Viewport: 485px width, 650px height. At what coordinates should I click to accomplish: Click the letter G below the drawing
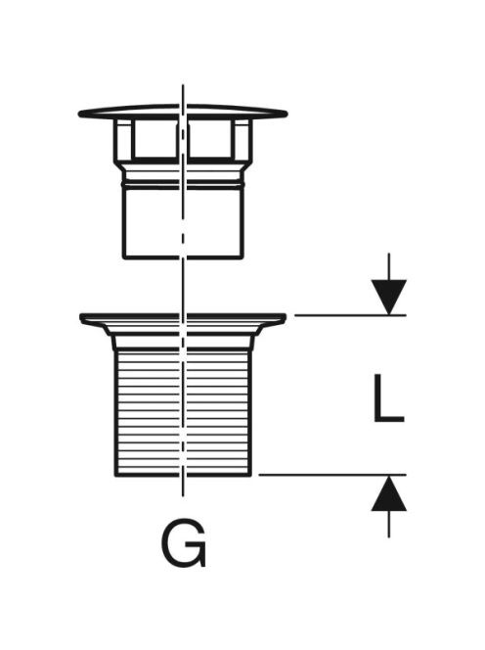(x=184, y=544)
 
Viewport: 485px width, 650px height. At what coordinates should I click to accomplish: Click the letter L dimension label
(x=388, y=398)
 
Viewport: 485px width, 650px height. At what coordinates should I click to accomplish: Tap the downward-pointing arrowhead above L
(x=388, y=297)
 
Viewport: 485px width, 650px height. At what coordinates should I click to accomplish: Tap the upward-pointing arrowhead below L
(x=388, y=493)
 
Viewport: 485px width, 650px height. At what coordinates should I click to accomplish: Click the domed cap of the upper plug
(x=183, y=112)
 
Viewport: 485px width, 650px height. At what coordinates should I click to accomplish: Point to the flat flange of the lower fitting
(x=183, y=319)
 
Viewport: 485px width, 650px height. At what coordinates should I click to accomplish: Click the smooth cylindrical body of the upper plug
(x=183, y=222)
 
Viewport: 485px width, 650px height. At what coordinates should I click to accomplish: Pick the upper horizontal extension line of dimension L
(x=350, y=315)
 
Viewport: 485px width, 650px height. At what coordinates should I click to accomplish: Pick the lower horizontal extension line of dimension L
(x=332, y=475)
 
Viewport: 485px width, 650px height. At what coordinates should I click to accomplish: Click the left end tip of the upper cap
(x=78, y=114)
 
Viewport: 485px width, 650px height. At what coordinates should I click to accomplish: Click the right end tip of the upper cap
(x=287, y=114)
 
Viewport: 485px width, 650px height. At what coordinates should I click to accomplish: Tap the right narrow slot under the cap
(x=242, y=139)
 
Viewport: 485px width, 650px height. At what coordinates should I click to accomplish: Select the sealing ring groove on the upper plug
(x=183, y=182)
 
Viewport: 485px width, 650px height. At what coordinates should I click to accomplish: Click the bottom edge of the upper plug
(x=183, y=257)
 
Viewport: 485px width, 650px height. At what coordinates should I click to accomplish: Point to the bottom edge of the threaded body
(x=183, y=475)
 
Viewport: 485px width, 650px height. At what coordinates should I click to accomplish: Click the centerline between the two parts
(x=183, y=287)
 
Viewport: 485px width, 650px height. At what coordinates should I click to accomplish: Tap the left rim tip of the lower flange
(x=81, y=317)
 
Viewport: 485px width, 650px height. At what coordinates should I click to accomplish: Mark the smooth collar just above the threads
(x=183, y=342)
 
